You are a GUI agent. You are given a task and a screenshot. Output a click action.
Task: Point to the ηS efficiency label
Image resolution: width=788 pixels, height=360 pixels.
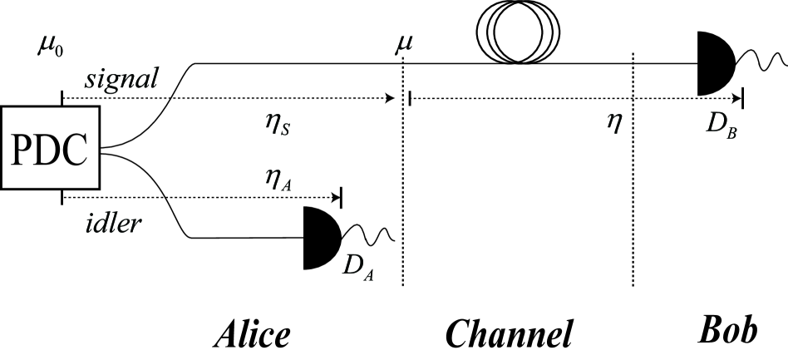[x=276, y=126]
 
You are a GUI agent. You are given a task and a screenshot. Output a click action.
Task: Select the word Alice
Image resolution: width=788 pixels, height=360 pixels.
[x=251, y=333]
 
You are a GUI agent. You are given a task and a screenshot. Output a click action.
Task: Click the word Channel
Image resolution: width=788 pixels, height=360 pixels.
[x=509, y=333]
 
